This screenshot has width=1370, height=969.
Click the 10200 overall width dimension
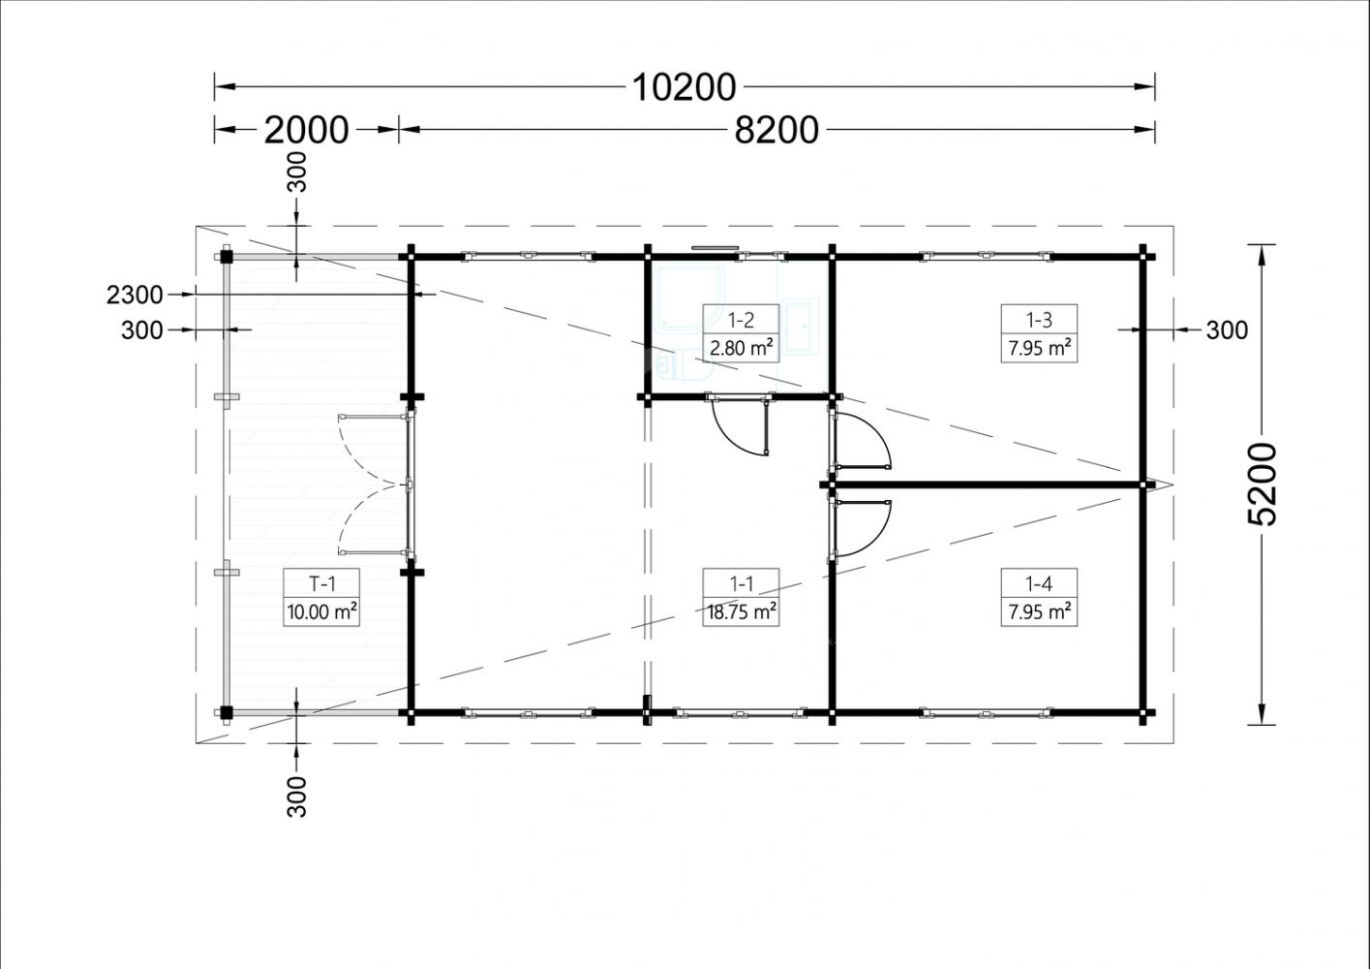point(684,87)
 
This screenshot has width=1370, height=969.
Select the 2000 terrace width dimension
point(306,130)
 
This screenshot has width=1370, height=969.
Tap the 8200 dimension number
point(776,130)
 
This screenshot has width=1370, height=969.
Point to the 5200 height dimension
point(1262,484)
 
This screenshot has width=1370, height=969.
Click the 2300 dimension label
point(135,295)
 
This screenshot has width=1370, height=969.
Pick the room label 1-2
point(741,320)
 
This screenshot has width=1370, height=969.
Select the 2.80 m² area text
point(741,348)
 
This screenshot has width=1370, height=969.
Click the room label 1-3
point(1039,320)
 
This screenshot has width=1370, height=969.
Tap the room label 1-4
point(1039,584)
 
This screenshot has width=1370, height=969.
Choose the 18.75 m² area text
point(742,612)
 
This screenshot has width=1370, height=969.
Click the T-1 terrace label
point(321,584)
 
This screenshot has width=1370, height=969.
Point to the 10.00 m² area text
point(321,612)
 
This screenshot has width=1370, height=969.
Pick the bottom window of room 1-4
point(986,712)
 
